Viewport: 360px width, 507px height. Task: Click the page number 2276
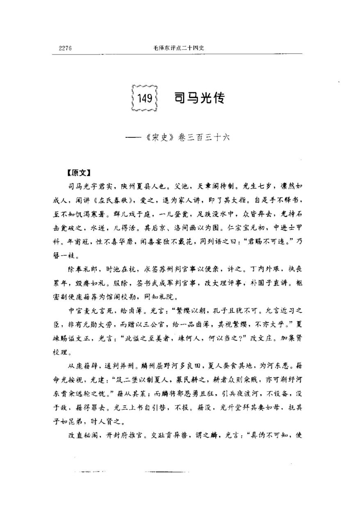pos(65,48)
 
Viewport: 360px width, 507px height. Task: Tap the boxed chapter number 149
pos(145,98)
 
